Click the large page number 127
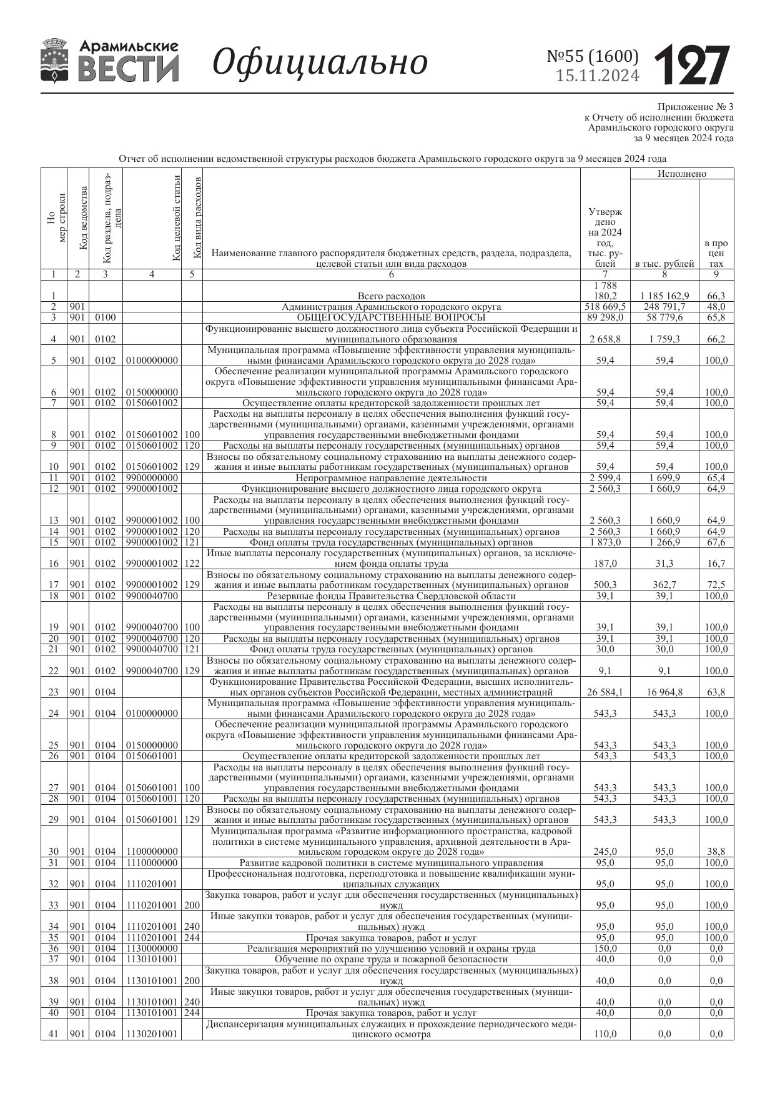(692, 65)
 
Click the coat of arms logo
(55, 60)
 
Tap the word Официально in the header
(320, 62)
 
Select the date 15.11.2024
(598, 76)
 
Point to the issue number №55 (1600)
(593, 56)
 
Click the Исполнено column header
(682, 174)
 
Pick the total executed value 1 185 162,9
(664, 296)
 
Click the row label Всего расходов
(391, 296)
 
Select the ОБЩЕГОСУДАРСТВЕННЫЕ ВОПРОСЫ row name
(391, 317)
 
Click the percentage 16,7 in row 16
(716, 564)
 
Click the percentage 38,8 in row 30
(716, 852)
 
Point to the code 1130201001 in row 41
(152, 1034)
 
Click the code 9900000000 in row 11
(152, 478)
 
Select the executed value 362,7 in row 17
(664, 585)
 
